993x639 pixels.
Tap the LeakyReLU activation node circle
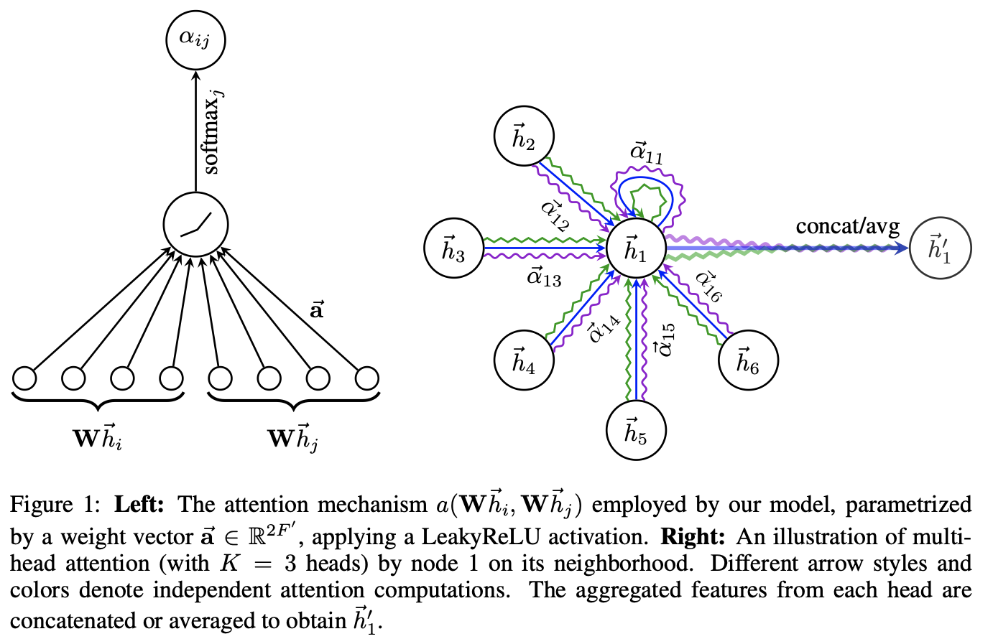click(x=195, y=224)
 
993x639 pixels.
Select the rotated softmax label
click(x=213, y=132)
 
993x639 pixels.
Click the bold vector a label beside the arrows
click(x=316, y=310)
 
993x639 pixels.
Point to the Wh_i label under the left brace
click(x=98, y=437)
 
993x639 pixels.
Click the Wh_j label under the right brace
click(x=292, y=437)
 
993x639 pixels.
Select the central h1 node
click(x=636, y=249)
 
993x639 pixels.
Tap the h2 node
click(x=525, y=137)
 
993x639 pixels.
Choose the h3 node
click(x=453, y=249)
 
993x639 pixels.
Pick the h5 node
click(x=636, y=431)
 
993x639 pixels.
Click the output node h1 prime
click(x=941, y=248)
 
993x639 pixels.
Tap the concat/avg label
click(x=847, y=227)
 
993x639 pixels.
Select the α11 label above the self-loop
click(x=647, y=153)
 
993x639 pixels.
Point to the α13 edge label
click(x=544, y=276)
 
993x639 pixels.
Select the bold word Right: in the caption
click(x=693, y=536)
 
